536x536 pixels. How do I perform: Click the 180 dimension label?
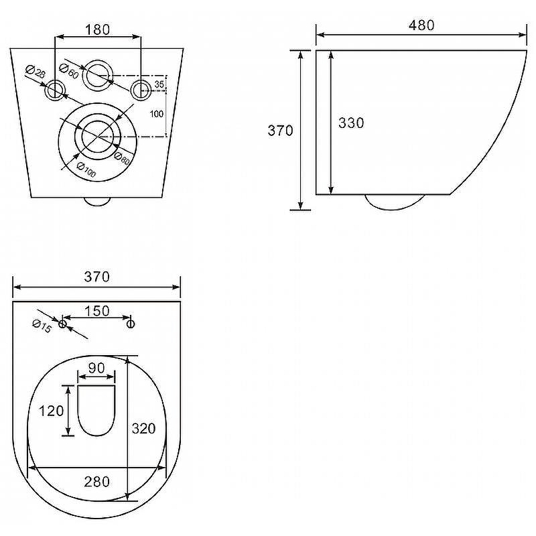(97, 29)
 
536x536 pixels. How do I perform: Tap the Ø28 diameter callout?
(36, 72)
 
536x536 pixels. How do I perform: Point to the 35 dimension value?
(159, 84)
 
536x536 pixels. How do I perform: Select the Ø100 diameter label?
(86, 170)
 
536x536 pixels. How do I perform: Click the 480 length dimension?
(421, 25)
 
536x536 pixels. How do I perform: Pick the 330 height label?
(351, 123)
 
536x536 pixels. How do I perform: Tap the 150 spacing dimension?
(96, 311)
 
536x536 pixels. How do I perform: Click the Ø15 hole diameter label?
(42, 326)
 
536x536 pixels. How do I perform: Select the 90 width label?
(96, 368)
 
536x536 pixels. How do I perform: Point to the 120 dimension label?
(52, 411)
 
